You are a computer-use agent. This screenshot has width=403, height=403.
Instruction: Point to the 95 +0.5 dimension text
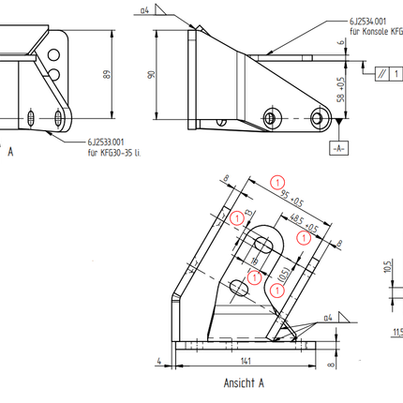click(291, 198)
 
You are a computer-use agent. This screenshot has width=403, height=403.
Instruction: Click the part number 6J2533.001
click(104, 142)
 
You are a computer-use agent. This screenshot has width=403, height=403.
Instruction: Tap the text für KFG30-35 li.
click(112, 150)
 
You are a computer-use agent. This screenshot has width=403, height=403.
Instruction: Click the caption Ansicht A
click(244, 383)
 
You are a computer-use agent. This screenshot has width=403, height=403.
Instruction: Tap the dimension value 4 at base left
click(160, 359)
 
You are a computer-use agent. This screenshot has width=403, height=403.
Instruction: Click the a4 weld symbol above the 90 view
click(145, 10)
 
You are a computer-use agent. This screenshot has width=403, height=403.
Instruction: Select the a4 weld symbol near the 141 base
click(327, 319)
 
